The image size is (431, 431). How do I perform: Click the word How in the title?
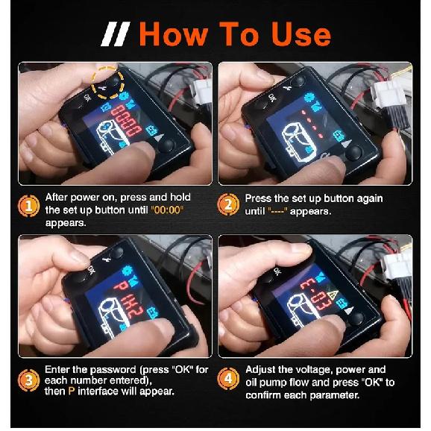[174, 34]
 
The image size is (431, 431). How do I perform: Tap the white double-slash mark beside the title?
[115, 34]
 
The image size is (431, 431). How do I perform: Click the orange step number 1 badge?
[29, 206]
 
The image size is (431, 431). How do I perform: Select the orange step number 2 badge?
[228, 205]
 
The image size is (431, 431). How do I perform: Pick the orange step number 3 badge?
[29, 380]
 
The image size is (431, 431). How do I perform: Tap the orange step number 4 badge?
[228, 379]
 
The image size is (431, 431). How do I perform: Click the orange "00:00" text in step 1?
[167, 210]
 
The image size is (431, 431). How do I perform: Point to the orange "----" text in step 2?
[278, 211]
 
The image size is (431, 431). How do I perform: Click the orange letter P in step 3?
[72, 391]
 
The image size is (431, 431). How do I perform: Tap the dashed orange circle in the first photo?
[107, 83]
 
